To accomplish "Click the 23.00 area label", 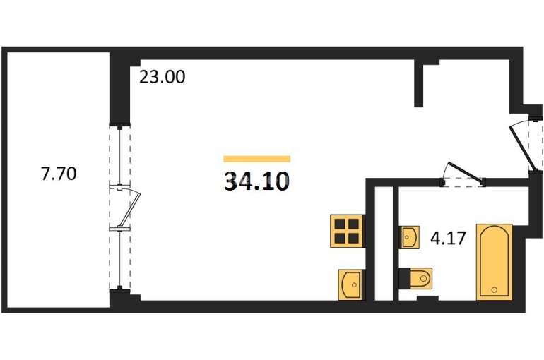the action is [162, 77].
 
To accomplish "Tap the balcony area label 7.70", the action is [59, 173].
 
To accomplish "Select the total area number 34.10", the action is [256, 182].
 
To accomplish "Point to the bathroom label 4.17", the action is [448, 238].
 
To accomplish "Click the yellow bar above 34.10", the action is [256, 159].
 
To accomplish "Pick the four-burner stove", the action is [347, 231].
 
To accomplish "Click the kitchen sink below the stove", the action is [351, 284].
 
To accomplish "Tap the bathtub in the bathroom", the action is [495, 262].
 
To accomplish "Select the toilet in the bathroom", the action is [415, 278].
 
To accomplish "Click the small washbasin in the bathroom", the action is [410, 237].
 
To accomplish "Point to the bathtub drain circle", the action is [495, 289].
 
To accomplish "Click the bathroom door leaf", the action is [466, 172].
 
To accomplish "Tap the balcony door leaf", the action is [130, 210].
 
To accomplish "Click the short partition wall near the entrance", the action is [419, 83].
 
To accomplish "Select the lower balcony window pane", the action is [119, 259].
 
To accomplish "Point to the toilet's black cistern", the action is [404, 278].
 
